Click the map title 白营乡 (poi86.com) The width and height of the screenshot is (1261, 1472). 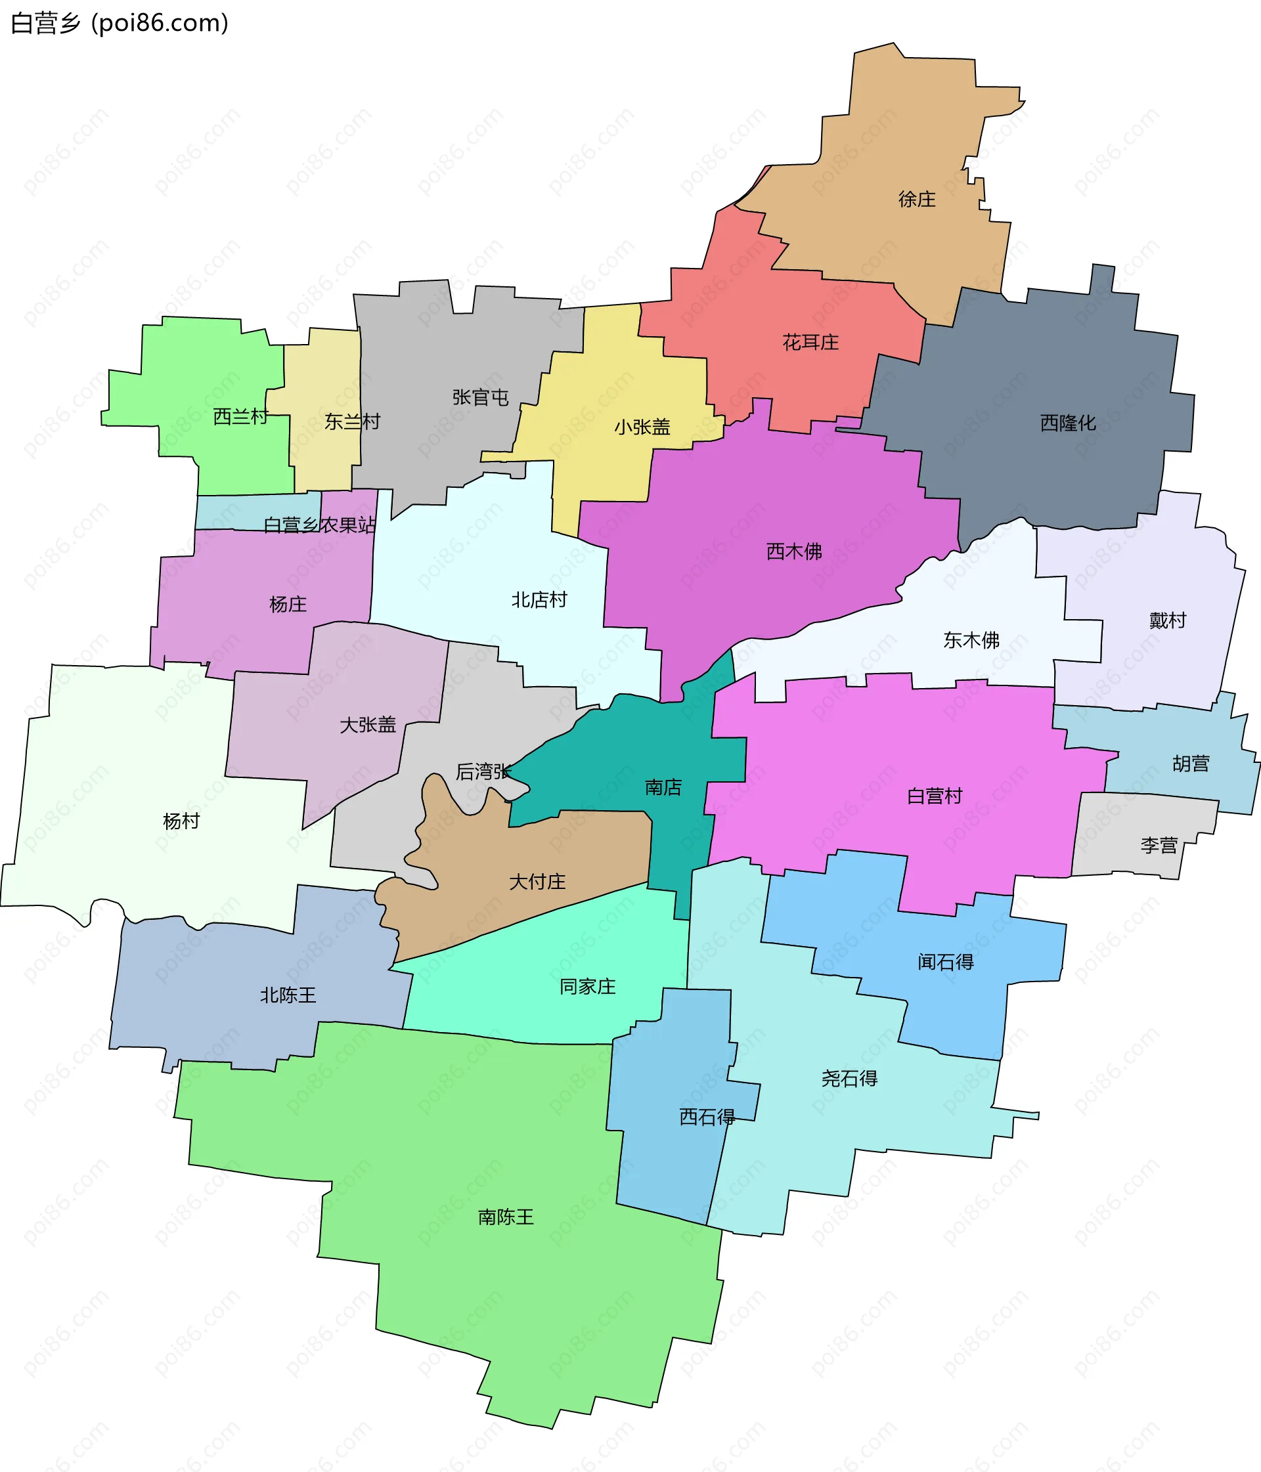pyautogui.click(x=120, y=24)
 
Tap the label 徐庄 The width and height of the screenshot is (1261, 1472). pyautogui.click(x=916, y=200)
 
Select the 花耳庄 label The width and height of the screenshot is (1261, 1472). pyautogui.click(x=810, y=343)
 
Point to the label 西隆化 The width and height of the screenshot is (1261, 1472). pyautogui.click(x=1068, y=423)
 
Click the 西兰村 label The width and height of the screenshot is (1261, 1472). pyautogui.click(x=241, y=416)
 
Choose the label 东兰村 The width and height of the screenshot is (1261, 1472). pyautogui.click(x=352, y=422)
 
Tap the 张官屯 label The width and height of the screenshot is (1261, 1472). pyautogui.click(x=481, y=398)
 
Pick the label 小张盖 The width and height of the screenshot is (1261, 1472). pyautogui.click(x=642, y=427)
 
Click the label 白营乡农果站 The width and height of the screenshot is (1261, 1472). pyautogui.click(x=319, y=525)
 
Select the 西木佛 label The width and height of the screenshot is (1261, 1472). pyautogui.click(x=794, y=552)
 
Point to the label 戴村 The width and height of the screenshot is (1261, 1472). pyautogui.click(x=1167, y=621)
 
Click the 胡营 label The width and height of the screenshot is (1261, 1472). pyautogui.click(x=1191, y=764)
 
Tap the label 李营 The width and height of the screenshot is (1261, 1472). pyautogui.click(x=1159, y=846)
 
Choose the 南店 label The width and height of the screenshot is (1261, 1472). pyautogui.click(x=663, y=787)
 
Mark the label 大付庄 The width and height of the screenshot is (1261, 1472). pyautogui.click(x=537, y=882)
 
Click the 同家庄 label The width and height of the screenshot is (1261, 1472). pyautogui.click(x=587, y=987)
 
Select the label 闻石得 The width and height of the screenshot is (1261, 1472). pyautogui.click(x=945, y=963)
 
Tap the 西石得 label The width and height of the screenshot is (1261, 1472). pyautogui.click(x=707, y=1117)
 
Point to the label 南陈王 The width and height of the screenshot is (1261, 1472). pyautogui.click(x=506, y=1218)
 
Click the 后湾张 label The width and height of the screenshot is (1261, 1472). pyautogui.click(x=483, y=771)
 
